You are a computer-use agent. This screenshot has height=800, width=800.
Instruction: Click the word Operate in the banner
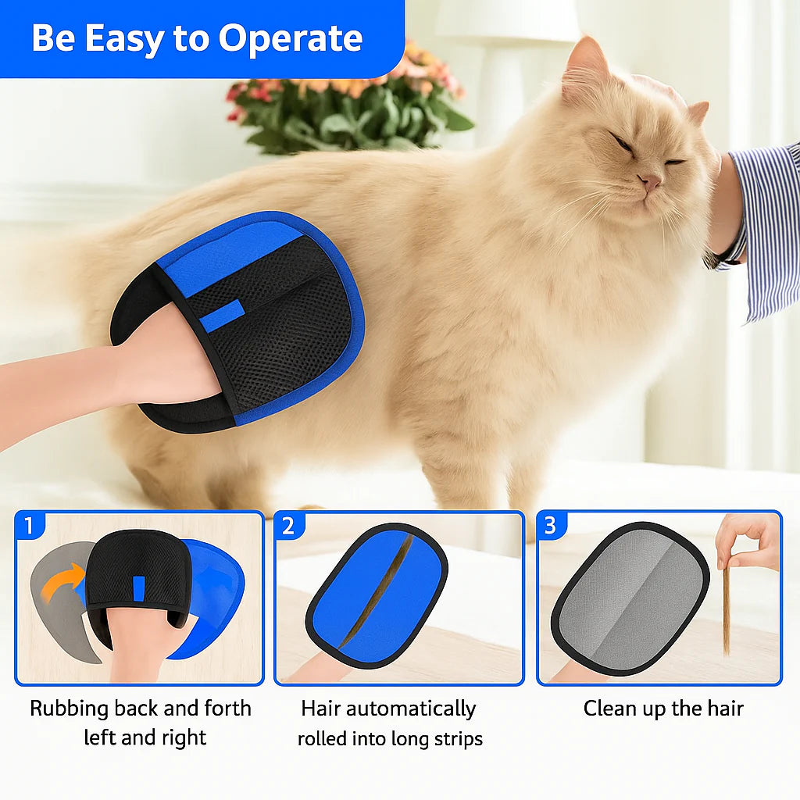click(x=290, y=38)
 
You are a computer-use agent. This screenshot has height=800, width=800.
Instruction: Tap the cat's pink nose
click(x=648, y=182)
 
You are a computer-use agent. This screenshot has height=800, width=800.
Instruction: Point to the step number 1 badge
click(x=30, y=526)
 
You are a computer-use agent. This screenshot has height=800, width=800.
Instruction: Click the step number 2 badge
click(x=288, y=526)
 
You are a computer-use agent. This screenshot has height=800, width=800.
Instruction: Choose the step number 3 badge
click(x=550, y=526)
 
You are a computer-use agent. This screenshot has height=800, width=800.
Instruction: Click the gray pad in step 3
click(x=630, y=598)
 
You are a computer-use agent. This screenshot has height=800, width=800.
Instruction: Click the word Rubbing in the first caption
click(x=69, y=709)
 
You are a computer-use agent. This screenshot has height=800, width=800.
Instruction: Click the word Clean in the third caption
click(x=610, y=709)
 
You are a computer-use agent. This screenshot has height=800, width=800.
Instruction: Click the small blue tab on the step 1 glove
click(x=138, y=588)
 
